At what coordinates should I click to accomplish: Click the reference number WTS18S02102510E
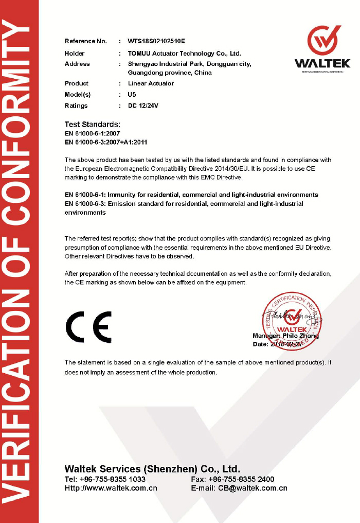click(156, 41)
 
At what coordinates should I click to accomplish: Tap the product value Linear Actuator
click(151, 83)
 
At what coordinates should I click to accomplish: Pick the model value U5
click(132, 95)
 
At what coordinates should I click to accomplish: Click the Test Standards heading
click(93, 125)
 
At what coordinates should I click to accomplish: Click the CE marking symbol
click(88, 327)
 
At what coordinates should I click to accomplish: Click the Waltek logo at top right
click(322, 49)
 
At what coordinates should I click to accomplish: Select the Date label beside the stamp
click(260, 344)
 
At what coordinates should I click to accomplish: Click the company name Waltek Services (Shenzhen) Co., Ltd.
click(152, 469)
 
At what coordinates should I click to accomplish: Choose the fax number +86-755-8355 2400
click(241, 479)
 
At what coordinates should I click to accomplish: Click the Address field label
click(77, 64)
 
